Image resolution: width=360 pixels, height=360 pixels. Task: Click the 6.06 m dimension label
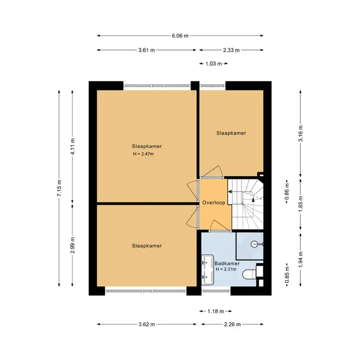coord(180,36)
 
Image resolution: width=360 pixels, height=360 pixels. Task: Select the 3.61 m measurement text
coord(146,50)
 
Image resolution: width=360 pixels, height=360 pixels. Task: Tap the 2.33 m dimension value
coord(231,50)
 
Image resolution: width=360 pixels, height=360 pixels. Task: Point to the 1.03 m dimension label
coord(214,64)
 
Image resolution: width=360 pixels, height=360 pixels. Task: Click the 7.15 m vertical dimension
coord(59,188)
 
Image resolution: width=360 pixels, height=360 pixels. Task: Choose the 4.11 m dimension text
coord(73,146)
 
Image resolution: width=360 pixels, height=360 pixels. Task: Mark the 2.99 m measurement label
coord(73,245)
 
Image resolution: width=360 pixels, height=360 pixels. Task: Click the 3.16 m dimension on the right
coord(300,133)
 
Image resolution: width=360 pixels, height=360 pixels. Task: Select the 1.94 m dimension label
coord(300,259)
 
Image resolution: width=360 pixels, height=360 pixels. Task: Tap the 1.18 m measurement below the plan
coord(215,311)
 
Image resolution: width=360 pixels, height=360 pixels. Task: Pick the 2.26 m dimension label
coord(232,325)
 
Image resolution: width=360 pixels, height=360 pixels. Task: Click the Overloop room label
coord(214,202)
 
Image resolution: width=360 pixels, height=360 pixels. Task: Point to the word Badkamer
coord(227,264)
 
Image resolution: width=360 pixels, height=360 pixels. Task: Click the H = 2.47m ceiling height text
coord(143,154)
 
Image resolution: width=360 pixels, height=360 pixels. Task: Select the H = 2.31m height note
coord(226,269)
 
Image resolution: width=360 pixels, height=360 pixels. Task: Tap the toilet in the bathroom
coord(250,274)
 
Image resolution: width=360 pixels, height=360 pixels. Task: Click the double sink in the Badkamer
coord(208,270)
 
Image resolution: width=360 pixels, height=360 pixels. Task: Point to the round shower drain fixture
coord(254,244)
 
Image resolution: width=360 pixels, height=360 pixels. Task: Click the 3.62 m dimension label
coord(146,325)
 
